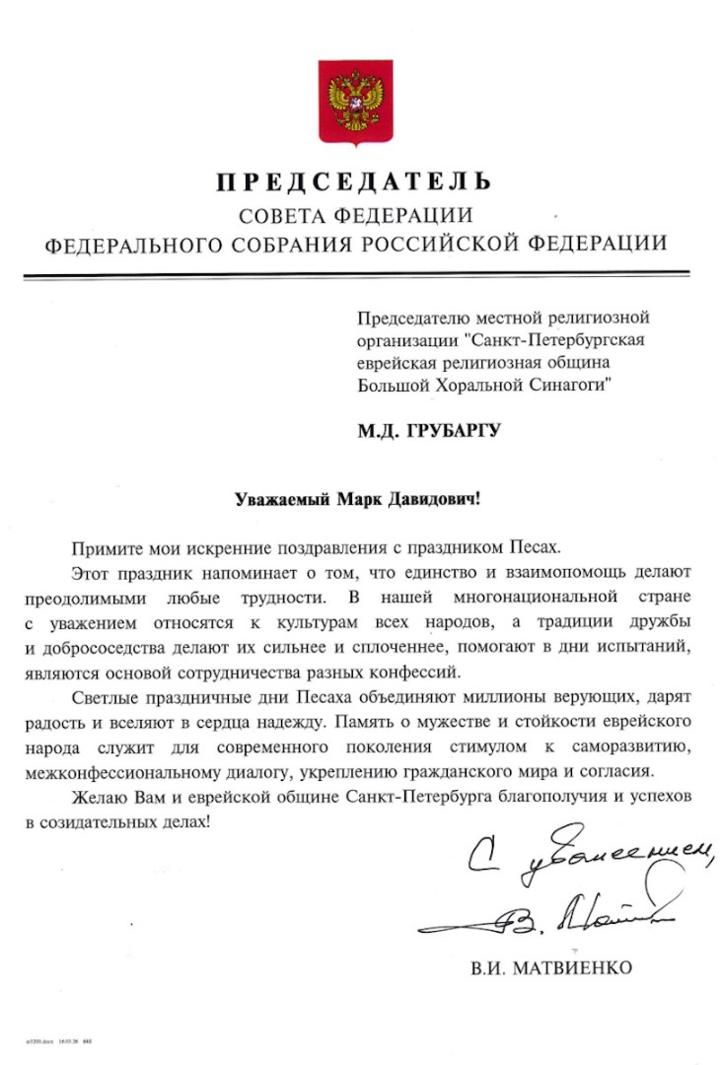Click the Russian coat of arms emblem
coord(354,104)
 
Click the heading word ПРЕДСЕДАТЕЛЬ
coord(354,182)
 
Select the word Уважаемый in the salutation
coord(279,499)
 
